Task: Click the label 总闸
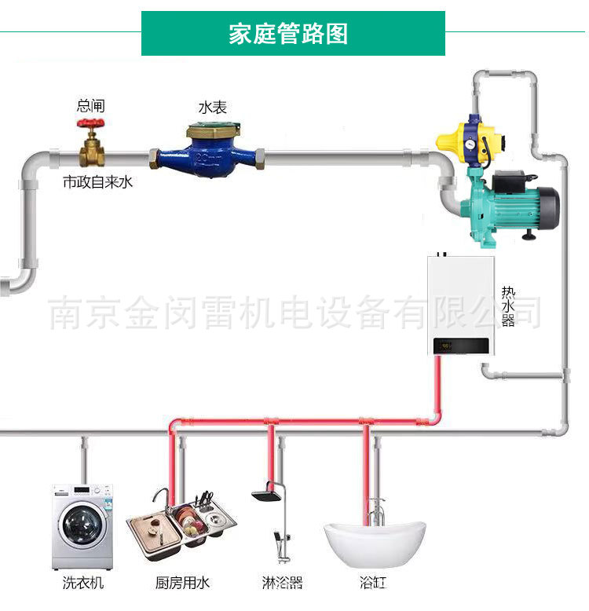click(90, 106)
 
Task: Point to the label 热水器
click(508, 307)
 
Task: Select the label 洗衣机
click(82, 584)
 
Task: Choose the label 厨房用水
click(182, 584)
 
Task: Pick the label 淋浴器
click(282, 584)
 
